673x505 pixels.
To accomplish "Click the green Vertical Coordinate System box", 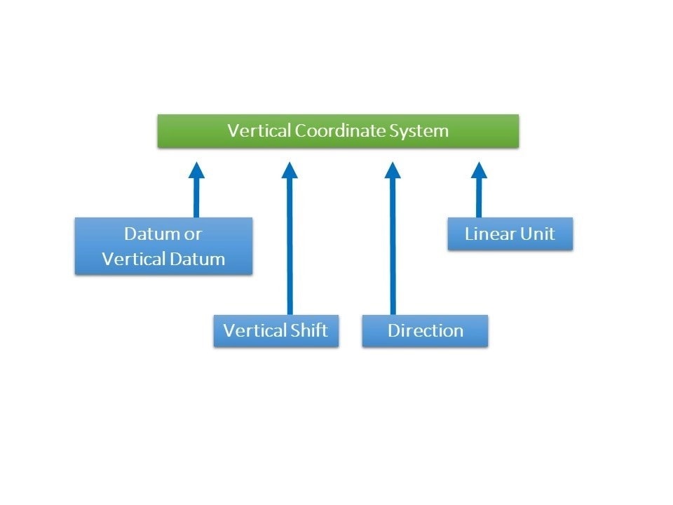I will pos(338,131).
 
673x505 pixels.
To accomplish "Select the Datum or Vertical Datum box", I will pos(163,245).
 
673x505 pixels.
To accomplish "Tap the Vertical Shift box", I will pos(276,330).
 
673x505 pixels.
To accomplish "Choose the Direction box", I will pos(425,330).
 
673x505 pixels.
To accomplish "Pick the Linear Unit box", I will pos(510,234).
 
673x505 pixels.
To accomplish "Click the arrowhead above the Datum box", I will pos(196,170).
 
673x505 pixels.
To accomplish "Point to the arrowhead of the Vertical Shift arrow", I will pos(290,170).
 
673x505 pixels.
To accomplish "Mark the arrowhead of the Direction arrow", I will pos(393,170).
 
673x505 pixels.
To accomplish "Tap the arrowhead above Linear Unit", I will pos(479,170).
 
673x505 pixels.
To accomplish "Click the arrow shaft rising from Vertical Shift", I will pos(290,245).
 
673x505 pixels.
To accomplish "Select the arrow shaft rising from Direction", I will pos(393,245).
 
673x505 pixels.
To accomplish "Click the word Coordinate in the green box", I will pos(339,131).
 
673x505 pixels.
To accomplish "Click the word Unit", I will pos(538,234).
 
